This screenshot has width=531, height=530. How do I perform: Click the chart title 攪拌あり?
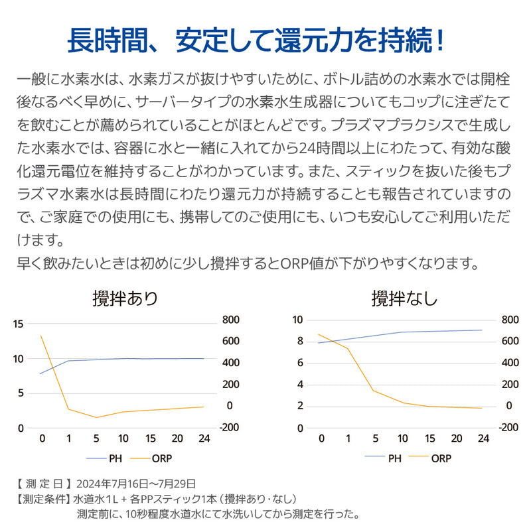point(125,298)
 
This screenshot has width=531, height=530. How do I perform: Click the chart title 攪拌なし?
point(404,298)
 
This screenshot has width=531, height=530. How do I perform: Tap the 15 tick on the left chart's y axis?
point(17,324)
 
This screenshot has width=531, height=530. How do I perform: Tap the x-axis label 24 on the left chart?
point(203,438)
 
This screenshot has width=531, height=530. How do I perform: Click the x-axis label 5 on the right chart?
point(376,438)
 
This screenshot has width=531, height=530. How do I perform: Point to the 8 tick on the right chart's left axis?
point(299,341)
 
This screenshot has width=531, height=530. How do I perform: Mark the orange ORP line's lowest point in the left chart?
point(96,417)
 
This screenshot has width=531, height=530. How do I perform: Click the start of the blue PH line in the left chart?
point(41,373)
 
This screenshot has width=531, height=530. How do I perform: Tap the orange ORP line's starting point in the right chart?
point(319,334)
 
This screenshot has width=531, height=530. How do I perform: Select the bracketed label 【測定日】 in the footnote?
point(43,483)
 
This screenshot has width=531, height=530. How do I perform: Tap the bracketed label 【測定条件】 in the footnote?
point(43,498)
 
